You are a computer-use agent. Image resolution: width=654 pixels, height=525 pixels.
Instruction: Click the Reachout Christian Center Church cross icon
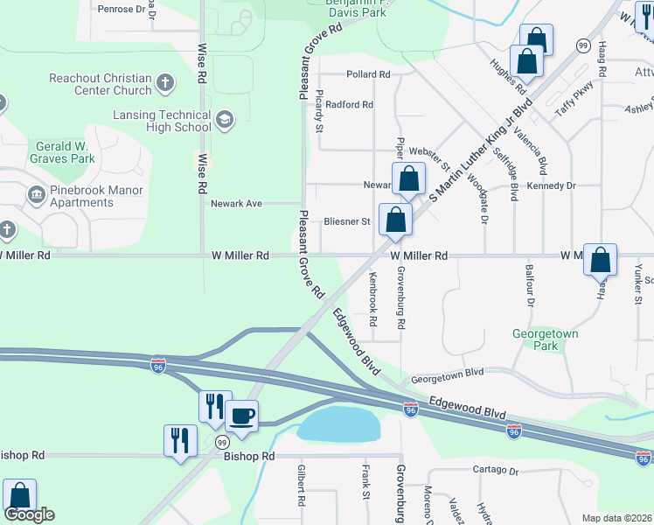pyautogui.click(x=165, y=85)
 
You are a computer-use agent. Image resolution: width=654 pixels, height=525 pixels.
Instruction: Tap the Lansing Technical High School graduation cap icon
pyautogui.click(x=225, y=121)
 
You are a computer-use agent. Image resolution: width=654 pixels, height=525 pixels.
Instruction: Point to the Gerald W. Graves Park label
pyautogui.click(x=65, y=152)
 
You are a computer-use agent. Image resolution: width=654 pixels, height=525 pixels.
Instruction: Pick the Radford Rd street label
pyautogui.click(x=350, y=105)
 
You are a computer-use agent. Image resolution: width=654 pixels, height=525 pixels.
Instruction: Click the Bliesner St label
pyautogui.click(x=347, y=221)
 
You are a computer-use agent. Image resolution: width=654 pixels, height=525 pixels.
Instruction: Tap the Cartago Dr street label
pyautogui.click(x=494, y=470)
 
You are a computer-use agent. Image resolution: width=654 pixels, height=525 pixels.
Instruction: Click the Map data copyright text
pyautogui.click(x=616, y=518)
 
